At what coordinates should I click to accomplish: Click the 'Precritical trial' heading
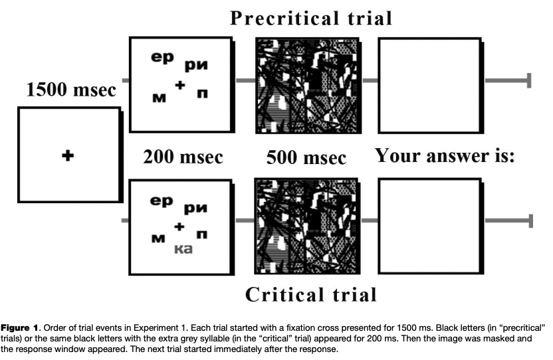pos(310,17)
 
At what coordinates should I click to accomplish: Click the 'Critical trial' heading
pos(312,294)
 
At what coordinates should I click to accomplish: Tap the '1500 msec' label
pos(70,90)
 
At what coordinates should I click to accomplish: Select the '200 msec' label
pos(183,157)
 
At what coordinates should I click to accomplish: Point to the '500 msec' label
pos(306,158)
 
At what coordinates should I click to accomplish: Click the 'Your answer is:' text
pos(446,156)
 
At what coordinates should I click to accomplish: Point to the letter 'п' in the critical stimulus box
pos(201,234)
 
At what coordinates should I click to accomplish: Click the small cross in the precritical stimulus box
pos(179,85)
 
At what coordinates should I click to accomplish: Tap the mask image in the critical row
pos(306,222)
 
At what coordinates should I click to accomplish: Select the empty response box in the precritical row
pos(429,84)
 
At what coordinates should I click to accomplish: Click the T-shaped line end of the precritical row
pos(529,81)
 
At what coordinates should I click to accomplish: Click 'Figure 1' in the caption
pos(23,328)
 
